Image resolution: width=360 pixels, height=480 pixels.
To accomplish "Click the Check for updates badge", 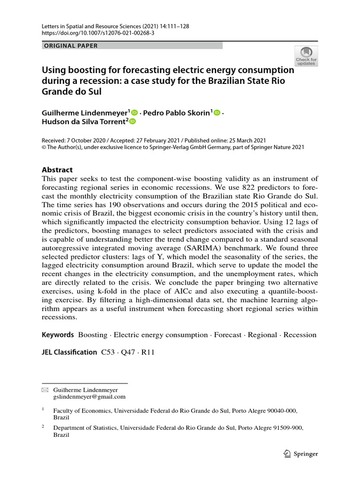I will click(306, 56).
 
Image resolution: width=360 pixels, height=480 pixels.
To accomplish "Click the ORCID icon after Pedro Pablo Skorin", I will click(217, 112).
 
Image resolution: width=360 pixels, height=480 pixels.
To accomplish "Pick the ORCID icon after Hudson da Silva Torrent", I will click(132, 122).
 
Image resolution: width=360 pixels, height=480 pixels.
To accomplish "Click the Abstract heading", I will click(57, 170).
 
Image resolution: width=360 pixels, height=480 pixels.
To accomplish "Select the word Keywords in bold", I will click(58, 335).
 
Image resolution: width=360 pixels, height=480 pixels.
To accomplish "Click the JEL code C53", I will click(109, 352).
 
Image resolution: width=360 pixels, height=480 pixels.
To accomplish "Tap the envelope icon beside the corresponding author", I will click(45, 390).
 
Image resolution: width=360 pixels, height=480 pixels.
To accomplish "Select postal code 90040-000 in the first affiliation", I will click(279, 410).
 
